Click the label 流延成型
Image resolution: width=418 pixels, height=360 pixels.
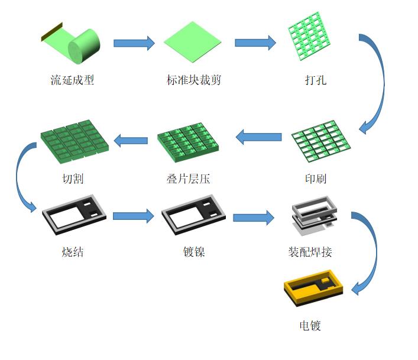click(72, 80)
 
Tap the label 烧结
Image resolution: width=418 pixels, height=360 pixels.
click(73, 252)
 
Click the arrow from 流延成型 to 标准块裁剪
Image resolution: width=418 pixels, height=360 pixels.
click(134, 43)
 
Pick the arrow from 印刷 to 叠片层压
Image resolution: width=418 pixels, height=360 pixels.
click(258, 138)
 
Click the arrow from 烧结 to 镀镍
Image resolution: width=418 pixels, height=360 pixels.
click(133, 216)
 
